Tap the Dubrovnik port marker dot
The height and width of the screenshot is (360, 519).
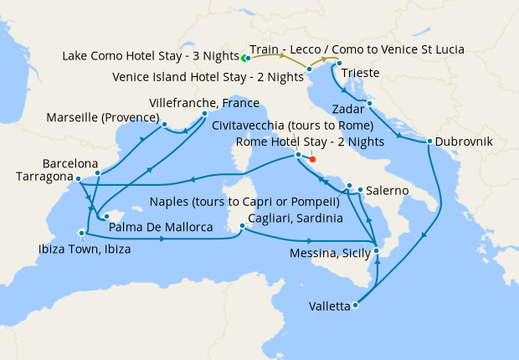tap(429, 141)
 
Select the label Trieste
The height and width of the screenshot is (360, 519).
tap(360, 74)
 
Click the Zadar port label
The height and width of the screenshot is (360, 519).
tap(348, 109)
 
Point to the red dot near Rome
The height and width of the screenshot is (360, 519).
tap(312, 158)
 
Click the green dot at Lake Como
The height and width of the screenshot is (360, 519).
tap(244, 59)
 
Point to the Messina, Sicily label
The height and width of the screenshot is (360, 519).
tap(328, 254)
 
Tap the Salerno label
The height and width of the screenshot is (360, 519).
tap(387, 191)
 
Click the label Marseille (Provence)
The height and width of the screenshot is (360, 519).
tap(104, 116)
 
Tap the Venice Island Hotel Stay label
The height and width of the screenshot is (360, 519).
tap(208, 77)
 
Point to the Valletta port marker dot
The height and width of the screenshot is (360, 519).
tap(356, 305)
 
